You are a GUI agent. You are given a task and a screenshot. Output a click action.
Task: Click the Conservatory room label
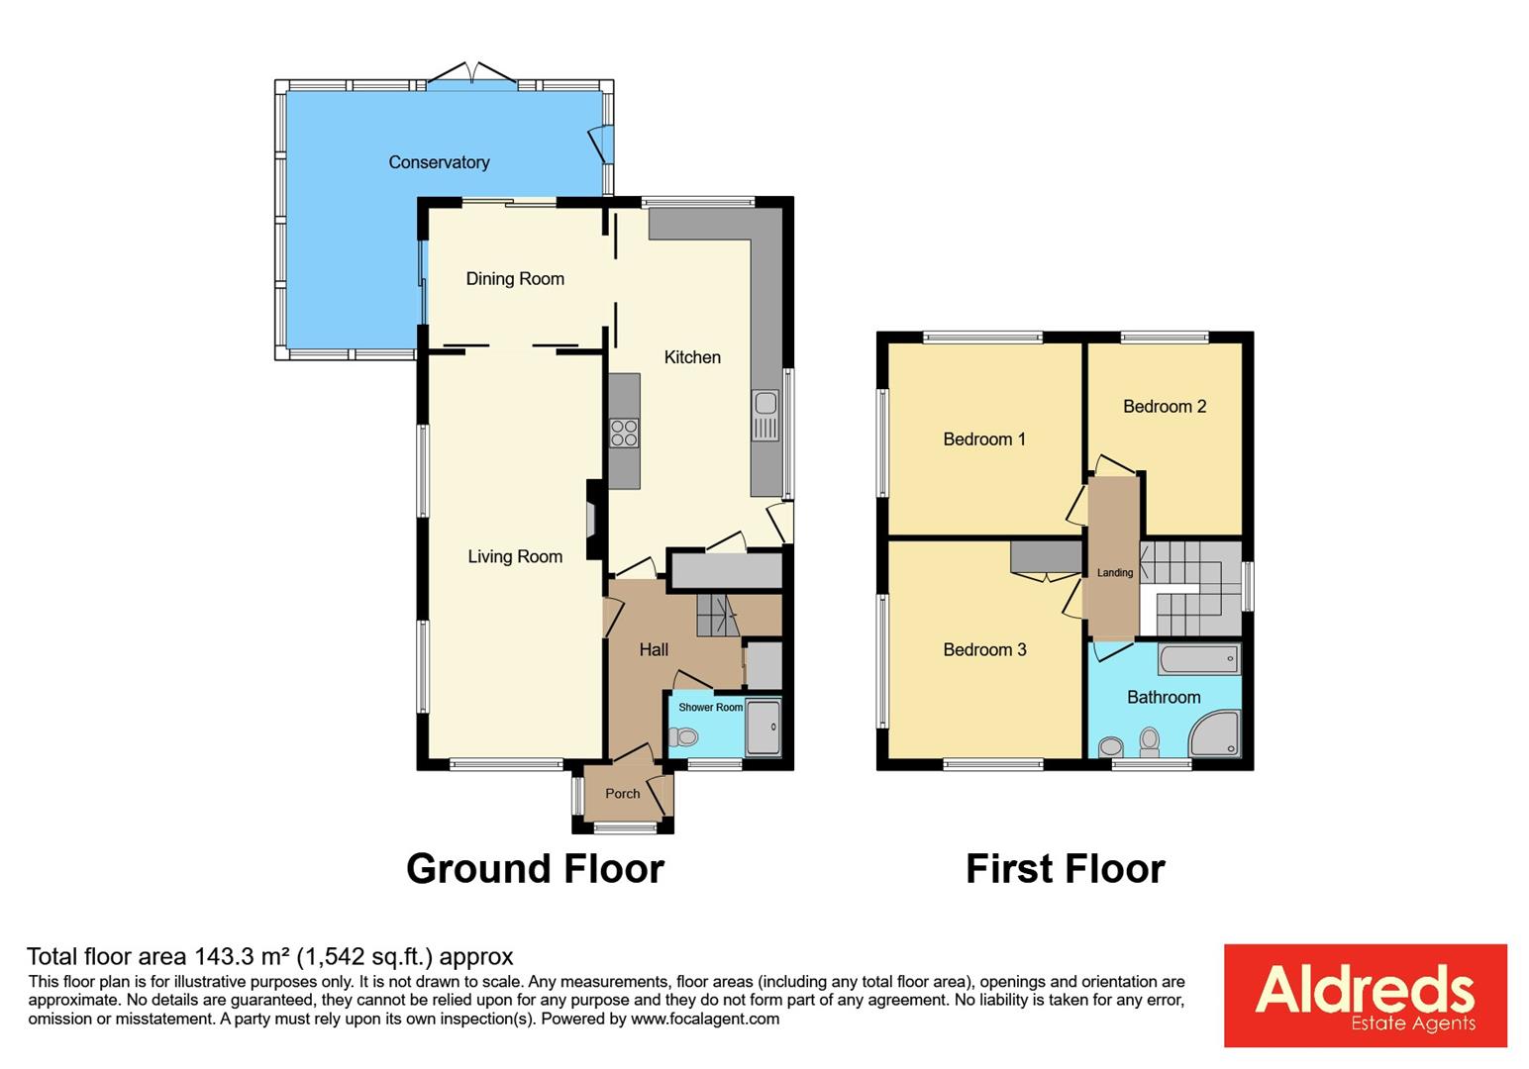point(439,162)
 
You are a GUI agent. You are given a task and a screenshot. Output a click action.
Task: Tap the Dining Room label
point(515,279)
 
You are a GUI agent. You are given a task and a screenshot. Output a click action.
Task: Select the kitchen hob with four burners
point(624,434)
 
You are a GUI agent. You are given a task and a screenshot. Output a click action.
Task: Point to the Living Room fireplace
point(592,520)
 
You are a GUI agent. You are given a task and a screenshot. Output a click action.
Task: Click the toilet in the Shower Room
point(682,736)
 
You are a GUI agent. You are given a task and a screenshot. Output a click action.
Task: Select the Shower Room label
point(710,707)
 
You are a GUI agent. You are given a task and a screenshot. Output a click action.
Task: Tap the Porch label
point(622,794)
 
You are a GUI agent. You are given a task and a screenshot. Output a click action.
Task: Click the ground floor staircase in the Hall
point(717,616)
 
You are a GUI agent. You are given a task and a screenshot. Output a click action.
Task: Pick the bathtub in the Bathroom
point(1198,659)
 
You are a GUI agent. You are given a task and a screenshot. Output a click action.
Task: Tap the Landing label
point(1115,572)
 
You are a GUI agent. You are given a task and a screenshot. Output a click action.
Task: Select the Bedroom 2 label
point(1165,406)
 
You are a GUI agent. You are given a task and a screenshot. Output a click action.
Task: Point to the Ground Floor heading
point(535,868)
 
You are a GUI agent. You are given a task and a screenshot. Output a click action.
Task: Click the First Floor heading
point(1065,868)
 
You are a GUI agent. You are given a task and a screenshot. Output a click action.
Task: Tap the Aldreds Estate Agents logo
point(1365,995)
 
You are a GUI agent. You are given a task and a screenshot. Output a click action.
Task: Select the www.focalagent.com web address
point(704,1019)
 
